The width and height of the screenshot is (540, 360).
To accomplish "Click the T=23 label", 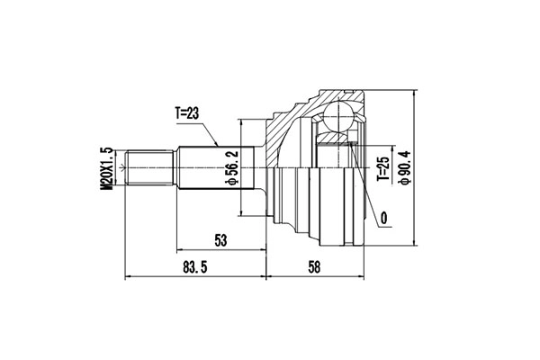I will (189, 114).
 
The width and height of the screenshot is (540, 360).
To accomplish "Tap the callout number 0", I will (384, 218).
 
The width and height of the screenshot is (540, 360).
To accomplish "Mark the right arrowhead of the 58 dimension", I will (364, 276).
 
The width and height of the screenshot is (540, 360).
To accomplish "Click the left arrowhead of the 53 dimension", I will (180, 250).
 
